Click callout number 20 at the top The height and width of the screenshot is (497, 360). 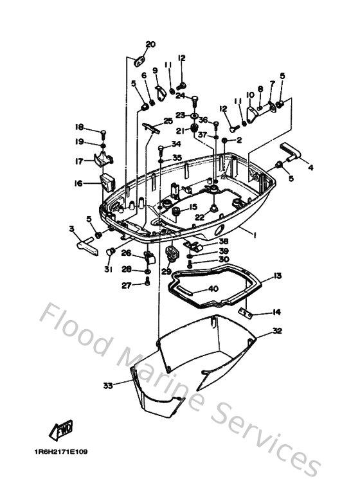150,44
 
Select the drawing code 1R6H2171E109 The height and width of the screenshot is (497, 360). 61,451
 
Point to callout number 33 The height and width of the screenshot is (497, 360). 107,386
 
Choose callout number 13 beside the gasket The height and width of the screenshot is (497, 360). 277,276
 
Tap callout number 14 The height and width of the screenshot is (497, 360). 276,312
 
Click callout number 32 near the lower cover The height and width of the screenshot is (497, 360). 277,331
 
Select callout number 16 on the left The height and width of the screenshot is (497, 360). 78,183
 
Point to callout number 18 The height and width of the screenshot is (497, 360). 79,127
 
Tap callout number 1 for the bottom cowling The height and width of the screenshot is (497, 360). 255,236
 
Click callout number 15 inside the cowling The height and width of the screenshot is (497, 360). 192,207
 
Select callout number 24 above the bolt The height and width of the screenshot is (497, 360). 181,96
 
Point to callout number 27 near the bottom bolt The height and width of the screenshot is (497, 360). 127,286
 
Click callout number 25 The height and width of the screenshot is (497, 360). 168,121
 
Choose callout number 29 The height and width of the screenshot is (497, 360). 166,272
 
